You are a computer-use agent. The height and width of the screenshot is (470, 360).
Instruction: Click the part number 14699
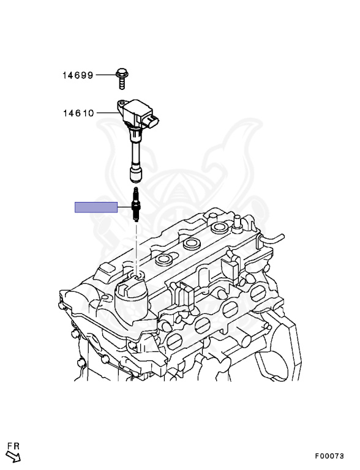click(78, 75)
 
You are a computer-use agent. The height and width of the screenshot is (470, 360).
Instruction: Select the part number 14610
click(78, 113)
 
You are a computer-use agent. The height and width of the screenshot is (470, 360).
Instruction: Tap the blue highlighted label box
click(96, 207)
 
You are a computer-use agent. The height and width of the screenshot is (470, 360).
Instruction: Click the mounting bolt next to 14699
click(122, 78)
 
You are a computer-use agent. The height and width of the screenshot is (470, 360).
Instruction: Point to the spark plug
click(136, 204)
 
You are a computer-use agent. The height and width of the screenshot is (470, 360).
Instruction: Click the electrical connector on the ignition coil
click(152, 121)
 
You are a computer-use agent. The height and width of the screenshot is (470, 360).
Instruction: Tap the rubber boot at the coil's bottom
click(135, 174)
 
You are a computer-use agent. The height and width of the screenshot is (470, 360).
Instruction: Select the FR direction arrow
click(14, 457)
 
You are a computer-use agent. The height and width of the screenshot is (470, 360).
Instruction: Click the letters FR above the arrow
click(13, 446)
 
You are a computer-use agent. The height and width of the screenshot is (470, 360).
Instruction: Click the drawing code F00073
click(329, 456)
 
